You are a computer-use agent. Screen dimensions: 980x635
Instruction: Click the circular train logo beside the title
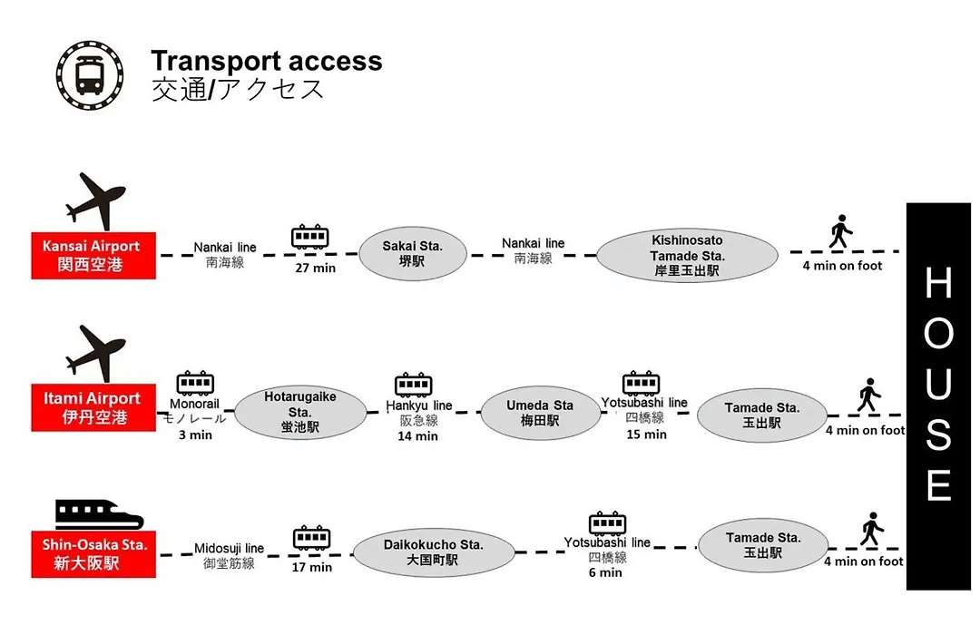(89, 75)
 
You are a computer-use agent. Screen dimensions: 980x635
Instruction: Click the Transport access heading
(266, 62)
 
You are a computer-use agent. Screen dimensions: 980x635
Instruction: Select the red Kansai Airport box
(93, 255)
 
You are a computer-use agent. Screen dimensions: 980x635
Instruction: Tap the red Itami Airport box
(93, 407)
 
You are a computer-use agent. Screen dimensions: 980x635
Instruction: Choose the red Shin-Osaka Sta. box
(93, 553)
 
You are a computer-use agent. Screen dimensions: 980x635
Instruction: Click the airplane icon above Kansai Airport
(95, 201)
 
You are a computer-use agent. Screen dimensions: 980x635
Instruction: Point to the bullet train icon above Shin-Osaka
(100, 514)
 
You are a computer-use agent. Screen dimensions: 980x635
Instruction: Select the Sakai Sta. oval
(413, 254)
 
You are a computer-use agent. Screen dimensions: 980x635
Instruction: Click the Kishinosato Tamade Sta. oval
(687, 255)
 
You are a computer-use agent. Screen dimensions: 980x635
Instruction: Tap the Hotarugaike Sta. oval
(300, 412)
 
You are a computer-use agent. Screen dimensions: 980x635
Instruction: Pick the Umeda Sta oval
(540, 413)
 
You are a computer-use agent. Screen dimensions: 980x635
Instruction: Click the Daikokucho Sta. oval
(433, 552)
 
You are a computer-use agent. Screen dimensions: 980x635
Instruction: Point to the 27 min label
(316, 269)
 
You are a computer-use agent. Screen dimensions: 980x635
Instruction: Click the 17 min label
(312, 568)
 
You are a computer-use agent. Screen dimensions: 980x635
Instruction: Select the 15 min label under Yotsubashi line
(646, 435)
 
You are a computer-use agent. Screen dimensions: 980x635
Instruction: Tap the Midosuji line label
(229, 548)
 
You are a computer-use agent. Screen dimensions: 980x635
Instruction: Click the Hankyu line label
(418, 405)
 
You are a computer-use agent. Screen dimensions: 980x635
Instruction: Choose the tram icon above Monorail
(196, 383)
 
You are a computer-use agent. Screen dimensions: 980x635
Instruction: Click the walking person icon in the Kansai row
(840, 231)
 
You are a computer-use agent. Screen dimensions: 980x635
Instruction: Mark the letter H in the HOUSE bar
(938, 282)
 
